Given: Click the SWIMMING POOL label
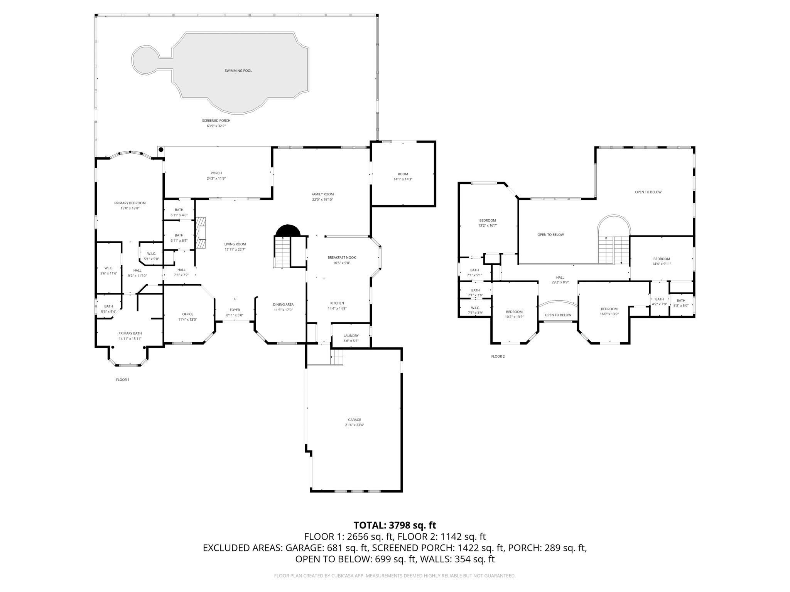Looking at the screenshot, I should pyautogui.click(x=238, y=71).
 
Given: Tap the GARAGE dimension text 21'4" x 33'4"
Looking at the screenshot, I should pyautogui.click(x=354, y=425).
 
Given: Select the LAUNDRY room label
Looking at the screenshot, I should pyautogui.click(x=351, y=336).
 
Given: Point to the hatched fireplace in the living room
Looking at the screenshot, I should pyautogui.click(x=200, y=233).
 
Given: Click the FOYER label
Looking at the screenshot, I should pyautogui.click(x=235, y=310).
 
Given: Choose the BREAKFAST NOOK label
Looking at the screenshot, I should pyautogui.click(x=341, y=257).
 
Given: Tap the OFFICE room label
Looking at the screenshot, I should pyautogui.click(x=188, y=314).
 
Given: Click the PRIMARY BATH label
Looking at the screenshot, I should pyautogui.click(x=130, y=333).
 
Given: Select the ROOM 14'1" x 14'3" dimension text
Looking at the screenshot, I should pyautogui.click(x=403, y=179).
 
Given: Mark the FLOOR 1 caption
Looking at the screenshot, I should pyautogui.click(x=123, y=380).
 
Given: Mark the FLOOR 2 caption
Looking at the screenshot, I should pyautogui.click(x=498, y=357).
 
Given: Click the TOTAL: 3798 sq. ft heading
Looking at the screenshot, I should pyautogui.click(x=395, y=525).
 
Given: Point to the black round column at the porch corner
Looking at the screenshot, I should pyautogui.click(x=161, y=150).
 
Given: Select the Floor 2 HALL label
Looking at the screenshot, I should pyautogui.click(x=560, y=277).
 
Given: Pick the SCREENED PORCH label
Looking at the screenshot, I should pyautogui.click(x=216, y=121).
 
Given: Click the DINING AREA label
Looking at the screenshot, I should pyautogui.click(x=284, y=304).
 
